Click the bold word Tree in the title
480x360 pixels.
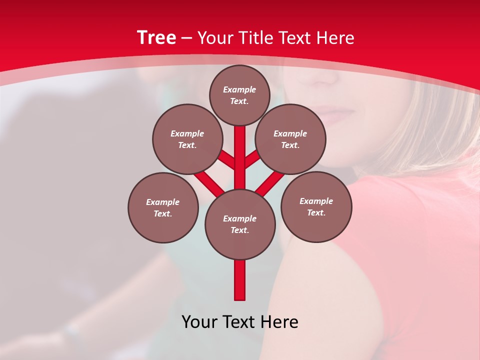(156, 38)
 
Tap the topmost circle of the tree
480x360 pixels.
(239, 95)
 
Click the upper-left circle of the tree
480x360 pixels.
(187, 139)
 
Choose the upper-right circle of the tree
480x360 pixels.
(290, 139)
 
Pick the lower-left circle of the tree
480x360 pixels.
(162, 207)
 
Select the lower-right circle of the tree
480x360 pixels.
(316, 206)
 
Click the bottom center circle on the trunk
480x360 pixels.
(240, 224)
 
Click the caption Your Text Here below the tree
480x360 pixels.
(240, 322)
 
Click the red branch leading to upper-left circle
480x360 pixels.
(225, 160)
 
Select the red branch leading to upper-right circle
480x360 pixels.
(253, 159)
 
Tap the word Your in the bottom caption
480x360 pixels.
(199, 322)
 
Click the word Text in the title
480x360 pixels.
(297, 38)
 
